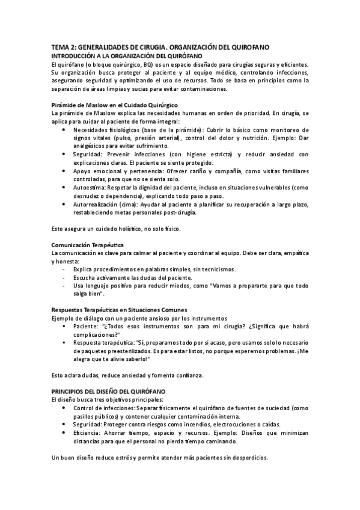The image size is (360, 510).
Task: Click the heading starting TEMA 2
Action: tap(159, 46)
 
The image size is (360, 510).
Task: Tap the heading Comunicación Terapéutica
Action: tap(87, 246)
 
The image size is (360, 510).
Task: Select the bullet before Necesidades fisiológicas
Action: tap(65, 130)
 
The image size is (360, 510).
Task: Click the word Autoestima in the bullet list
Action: tap(90, 188)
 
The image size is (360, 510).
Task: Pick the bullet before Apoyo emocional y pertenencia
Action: tap(65, 171)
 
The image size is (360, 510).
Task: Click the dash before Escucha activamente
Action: tap(64, 278)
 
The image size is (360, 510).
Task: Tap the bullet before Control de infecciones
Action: tap(65, 408)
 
